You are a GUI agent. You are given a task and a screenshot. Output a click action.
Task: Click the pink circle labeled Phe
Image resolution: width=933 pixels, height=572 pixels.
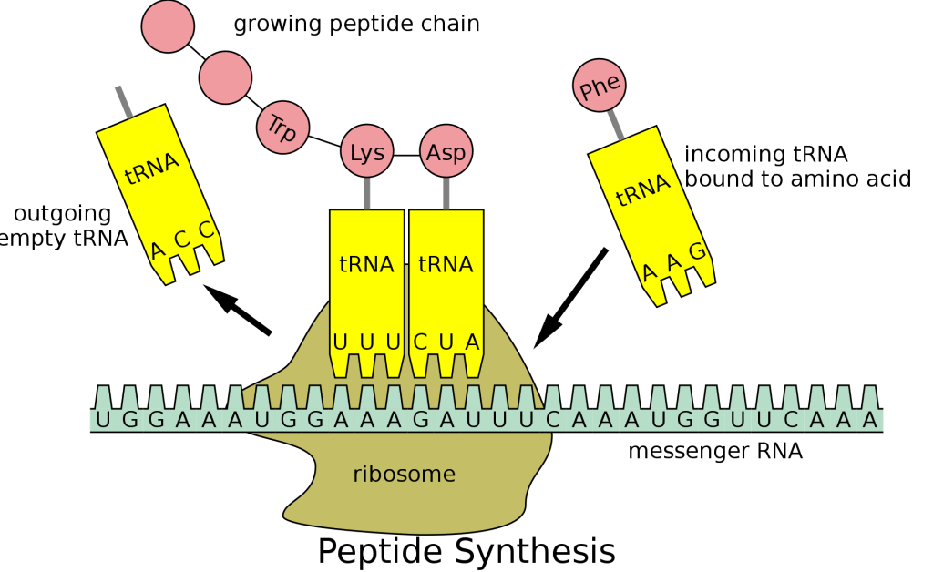(600, 87)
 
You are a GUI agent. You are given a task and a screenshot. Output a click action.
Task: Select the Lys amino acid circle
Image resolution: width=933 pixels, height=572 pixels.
(367, 153)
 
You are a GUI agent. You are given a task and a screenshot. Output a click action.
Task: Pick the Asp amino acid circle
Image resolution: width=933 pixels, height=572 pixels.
(446, 153)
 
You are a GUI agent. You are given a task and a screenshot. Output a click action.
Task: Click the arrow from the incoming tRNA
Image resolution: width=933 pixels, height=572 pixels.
(570, 298)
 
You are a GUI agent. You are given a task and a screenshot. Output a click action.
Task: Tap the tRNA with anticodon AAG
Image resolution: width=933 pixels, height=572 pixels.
(654, 219)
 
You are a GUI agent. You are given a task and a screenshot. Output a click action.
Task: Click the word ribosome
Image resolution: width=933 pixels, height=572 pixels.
(404, 474)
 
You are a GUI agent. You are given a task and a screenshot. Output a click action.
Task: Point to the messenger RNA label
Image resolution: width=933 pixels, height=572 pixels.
(715, 451)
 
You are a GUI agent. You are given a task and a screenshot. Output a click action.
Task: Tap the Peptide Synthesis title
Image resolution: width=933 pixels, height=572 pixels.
(466, 551)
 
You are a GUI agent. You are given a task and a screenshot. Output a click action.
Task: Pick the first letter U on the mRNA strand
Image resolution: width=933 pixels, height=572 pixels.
(103, 420)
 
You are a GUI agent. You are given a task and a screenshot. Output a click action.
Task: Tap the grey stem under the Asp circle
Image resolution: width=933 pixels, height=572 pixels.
(446, 193)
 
